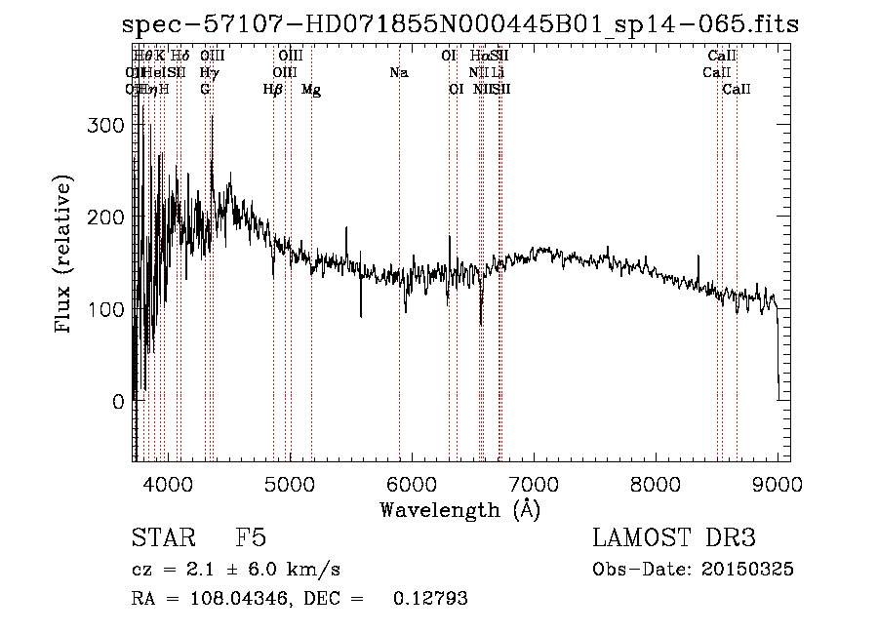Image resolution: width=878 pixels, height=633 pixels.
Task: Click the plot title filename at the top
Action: (460, 23)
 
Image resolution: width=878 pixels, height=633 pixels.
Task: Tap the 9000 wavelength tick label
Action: (778, 482)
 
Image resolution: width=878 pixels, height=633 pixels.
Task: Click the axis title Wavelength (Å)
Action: (459, 509)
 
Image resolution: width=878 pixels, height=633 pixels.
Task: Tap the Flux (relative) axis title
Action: (65, 257)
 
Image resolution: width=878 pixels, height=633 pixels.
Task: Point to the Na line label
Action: (398, 73)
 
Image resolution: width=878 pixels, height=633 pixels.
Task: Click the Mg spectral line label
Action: (311, 90)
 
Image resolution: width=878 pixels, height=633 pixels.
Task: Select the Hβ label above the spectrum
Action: (273, 90)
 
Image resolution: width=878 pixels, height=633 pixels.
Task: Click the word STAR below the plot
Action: (159, 538)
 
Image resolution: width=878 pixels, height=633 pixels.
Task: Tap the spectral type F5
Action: (250, 538)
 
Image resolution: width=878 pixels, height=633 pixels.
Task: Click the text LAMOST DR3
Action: (673, 538)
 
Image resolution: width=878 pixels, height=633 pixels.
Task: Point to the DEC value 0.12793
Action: (430, 599)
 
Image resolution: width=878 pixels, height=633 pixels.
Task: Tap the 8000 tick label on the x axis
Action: (656, 482)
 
